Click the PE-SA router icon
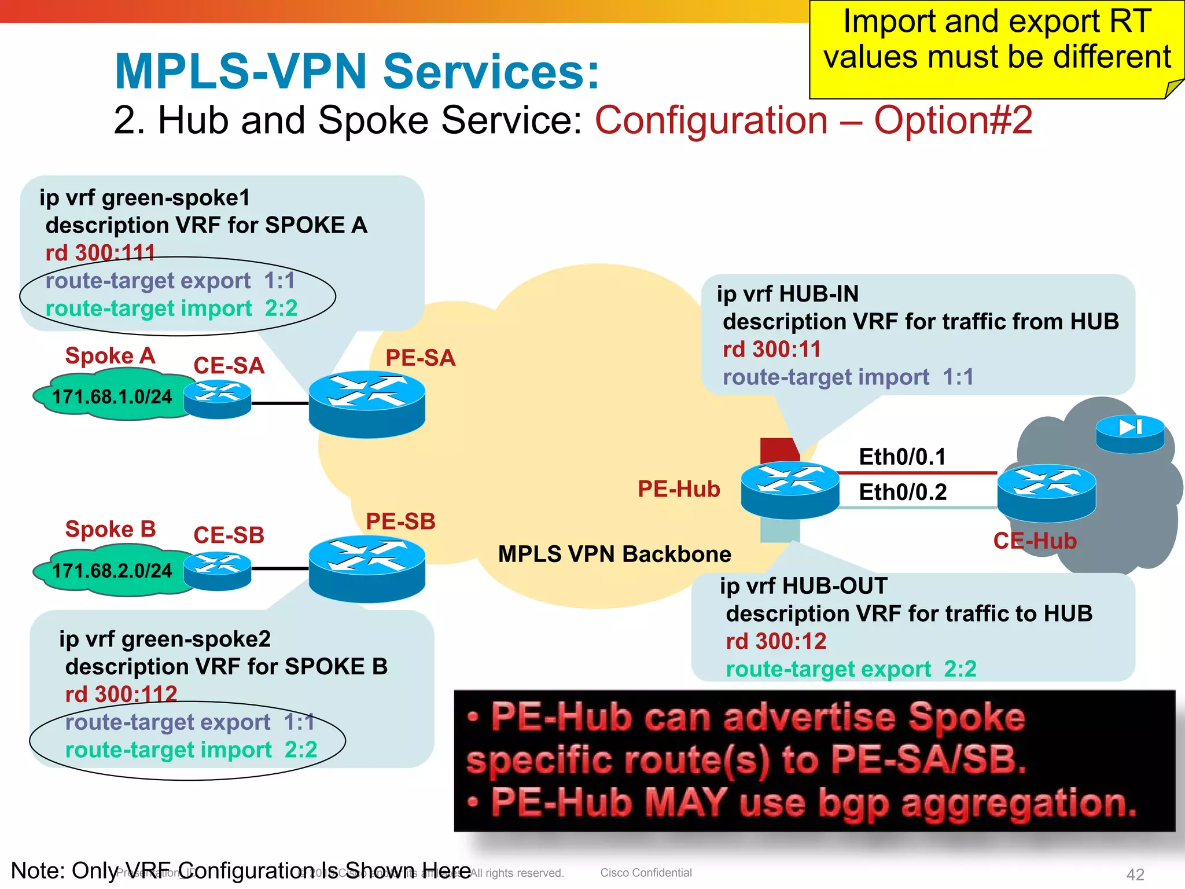click(x=367, y=404)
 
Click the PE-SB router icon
click(x=367, y=569)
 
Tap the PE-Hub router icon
click(x=790, y=490)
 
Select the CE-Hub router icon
click(x=1046, y=493)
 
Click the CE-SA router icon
click(x=218, y=399)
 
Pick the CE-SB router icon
click(x=218, y=571)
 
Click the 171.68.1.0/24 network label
click(x=112, y=397)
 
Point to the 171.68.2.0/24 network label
click(x=112, y=571)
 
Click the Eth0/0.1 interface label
click(x=902, y=457)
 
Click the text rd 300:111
click(x=100, y=253)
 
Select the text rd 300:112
click(x=121, y=694)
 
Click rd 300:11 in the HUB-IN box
click(x=771, y=350)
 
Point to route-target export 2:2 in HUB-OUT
click(x=851, y=669)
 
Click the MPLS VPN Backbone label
click(x=614, y=554)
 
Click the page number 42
click(x=1135, y=874)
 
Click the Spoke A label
click(x=110, y=355)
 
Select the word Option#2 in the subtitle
click(x=953, y=120)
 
